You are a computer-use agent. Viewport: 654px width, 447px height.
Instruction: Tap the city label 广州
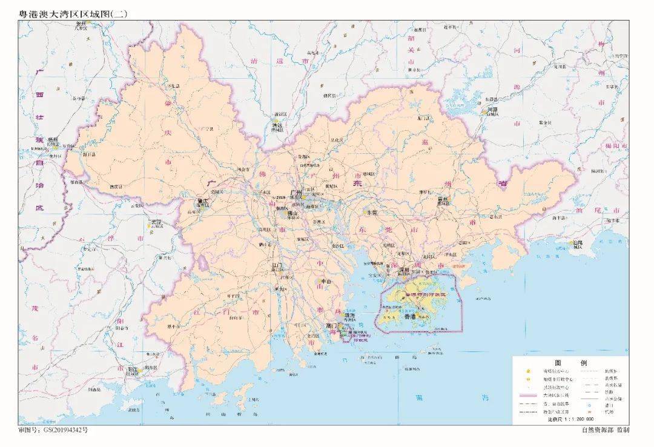296,193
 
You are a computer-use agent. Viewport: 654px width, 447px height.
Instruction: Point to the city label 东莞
370,213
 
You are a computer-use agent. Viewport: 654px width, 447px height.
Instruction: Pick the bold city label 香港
410,316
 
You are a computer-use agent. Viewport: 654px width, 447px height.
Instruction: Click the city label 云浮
156,222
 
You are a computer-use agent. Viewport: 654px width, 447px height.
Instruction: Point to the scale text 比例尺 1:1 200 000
570,419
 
